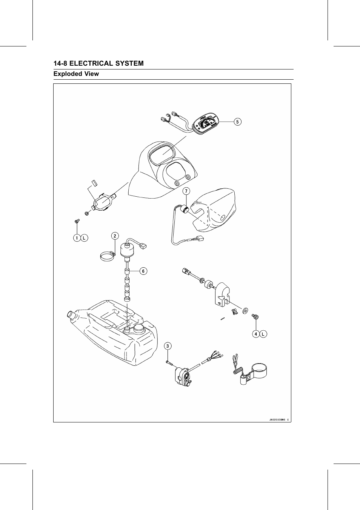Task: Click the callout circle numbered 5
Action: point(237,122)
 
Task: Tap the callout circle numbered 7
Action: point(186,191)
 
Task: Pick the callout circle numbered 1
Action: point(77,238)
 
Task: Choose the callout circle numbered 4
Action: point(256,334)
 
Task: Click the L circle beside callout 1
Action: point(85,238)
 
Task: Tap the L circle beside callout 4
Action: point(263,334)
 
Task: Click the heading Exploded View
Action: point(76,74)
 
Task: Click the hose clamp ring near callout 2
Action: point(107,257)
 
